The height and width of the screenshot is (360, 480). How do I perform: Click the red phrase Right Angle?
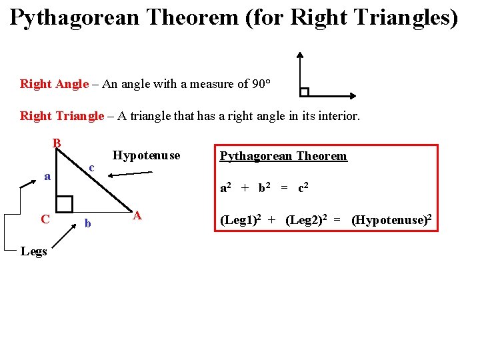[x=54, y=84]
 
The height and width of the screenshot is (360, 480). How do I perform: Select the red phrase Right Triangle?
[x=62, y=116]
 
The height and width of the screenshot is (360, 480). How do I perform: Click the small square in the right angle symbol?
[x=304, y=92]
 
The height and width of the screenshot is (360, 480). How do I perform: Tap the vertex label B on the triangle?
[x=57, y=143]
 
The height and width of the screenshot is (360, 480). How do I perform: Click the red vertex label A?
[x=137, y=215]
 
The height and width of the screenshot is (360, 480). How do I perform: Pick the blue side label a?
[x=47, y=176]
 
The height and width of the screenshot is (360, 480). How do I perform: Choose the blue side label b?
[x=87, y=223]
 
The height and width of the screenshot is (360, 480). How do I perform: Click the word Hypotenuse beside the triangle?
[x=146, y=155]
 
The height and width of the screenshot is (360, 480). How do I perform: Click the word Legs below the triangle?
[x=33, y=251]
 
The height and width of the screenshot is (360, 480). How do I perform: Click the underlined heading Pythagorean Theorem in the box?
[x=283, y=156]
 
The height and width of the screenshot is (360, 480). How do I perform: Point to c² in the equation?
[x=302, y=188]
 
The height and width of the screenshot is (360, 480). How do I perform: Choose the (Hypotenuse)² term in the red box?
[x=393, y=220]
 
